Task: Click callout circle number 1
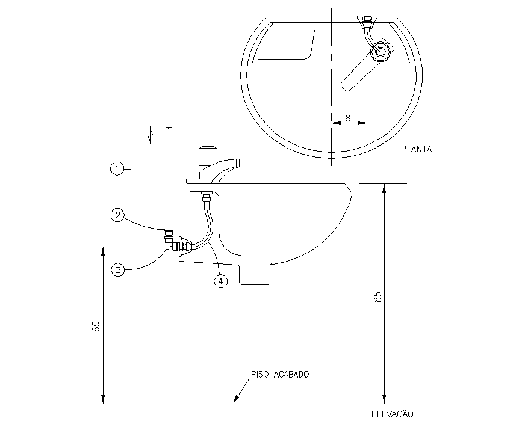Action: (x=117, y=170)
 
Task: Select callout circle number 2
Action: (x=117, y=214)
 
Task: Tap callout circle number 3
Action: (x=118, y=270)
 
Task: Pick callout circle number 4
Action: (x=221, y=281)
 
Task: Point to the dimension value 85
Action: (x=377, y=297)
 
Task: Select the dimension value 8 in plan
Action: (x=349, y=118)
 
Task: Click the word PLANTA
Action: (x=416, y=149)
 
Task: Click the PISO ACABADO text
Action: (x=280, y=374)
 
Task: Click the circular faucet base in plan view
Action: (x=381, y=52)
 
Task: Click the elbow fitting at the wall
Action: (x=170, y=244)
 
